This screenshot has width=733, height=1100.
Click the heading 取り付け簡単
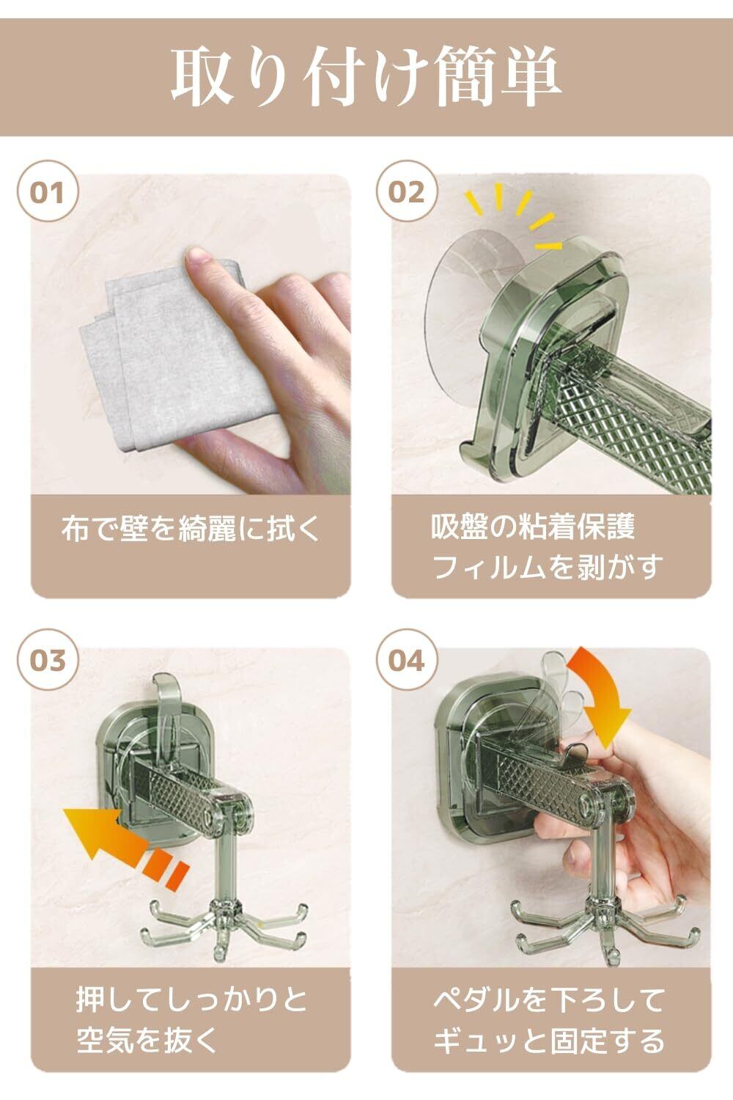pyautogui.click(x=366, y=76)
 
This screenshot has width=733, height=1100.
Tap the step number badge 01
pyautogui.click(x=48, y=191)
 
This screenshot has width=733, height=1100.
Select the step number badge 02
pyautogui.click(x=407, y=191)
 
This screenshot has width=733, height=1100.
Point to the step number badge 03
pyautogui.click(x=48, y=660)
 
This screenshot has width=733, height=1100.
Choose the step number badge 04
pyautogui.click(x=407, y=660)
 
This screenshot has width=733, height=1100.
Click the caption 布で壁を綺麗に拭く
pyautogui.click(x=191, y=529)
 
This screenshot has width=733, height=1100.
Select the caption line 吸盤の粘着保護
pyautogui.click(x=533, y=527)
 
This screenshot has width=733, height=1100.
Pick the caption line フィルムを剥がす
pyautogui.click(x=547, y=567)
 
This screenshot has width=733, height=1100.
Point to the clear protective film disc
pyautogui.click(x=471, y=290)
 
